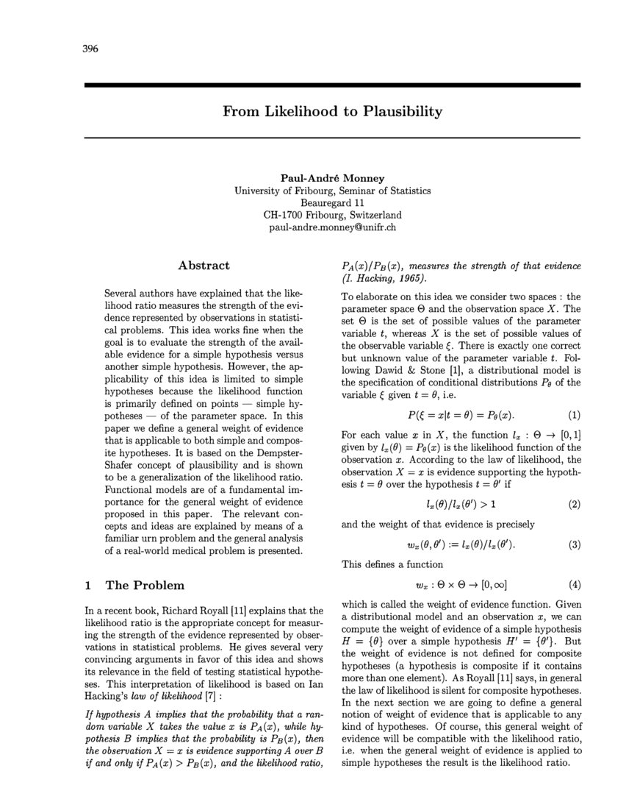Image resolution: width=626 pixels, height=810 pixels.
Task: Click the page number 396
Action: (x=90, y=49)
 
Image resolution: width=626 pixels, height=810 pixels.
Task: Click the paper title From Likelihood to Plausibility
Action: (x=332, y=112)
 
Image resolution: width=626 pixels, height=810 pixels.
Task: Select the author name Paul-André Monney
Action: (x=332, y=178)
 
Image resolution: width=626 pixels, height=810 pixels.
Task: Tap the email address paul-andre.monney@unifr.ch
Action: (x=332, y=227)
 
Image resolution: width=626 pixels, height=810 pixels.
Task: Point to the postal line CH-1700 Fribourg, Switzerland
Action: (x=332, y=215)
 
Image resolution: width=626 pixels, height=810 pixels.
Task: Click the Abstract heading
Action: (x=204, y=266)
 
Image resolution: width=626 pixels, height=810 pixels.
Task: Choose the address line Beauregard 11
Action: (x=332, y=202)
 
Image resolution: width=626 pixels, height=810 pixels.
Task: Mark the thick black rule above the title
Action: (x=332, y=85)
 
